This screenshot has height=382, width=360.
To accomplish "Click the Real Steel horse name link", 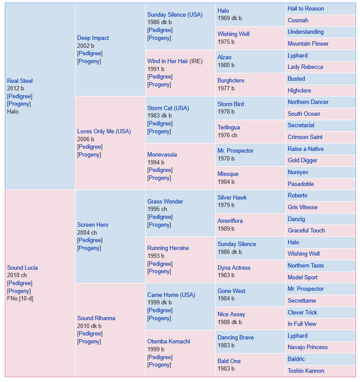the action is pyautogui.click(x=20, y=81).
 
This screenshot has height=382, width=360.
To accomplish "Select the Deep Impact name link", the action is pyautogui.click(x=93, y=38).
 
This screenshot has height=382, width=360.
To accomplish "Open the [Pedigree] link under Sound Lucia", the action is pyautogui.click(x=20, y=283).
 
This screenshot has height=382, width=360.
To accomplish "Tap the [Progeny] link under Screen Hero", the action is pyautogui.click(x=89, y=248).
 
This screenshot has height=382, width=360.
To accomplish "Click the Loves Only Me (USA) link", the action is pyautogui.click(x=104, y=131).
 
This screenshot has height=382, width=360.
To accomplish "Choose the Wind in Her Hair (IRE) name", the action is pyautogui.click(x=175, y=61).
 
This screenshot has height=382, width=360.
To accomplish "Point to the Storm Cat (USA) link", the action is pyautogui.click(x=168, y=108).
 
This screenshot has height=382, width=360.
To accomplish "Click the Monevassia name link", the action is pyautogui.click(x=162, y=155).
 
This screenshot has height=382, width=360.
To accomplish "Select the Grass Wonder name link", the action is pyautogui.click(x=165, y=201).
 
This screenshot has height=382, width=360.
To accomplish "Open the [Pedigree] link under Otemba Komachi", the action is pyautogui.click(x=160, y=357).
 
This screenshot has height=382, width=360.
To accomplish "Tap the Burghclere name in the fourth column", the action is pyautogui.click(x=231, y=81).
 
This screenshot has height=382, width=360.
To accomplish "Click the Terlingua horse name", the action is pyautogui.click(x=229, y=128).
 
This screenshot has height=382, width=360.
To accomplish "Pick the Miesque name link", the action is pyautogui.click(x=228, y=174).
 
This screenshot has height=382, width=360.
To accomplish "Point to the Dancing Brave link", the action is pyautogui.click(x=236, y=337).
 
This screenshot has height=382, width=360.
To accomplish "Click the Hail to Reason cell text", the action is pyautogui.click(x=306, y=8).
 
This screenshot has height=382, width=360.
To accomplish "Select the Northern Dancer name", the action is pyautogui.click(x=308, y=102).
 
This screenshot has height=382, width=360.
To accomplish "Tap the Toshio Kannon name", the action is pyautogui.click(x=306, y=371).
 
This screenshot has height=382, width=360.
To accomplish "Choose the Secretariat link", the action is pyautogui.click(x=301, y=125).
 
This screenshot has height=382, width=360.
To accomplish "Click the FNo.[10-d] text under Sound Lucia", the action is pyautogui.click(x=20, y=298).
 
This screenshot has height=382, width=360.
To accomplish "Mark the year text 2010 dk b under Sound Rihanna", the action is pyautogui.click(x=89, y=326).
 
